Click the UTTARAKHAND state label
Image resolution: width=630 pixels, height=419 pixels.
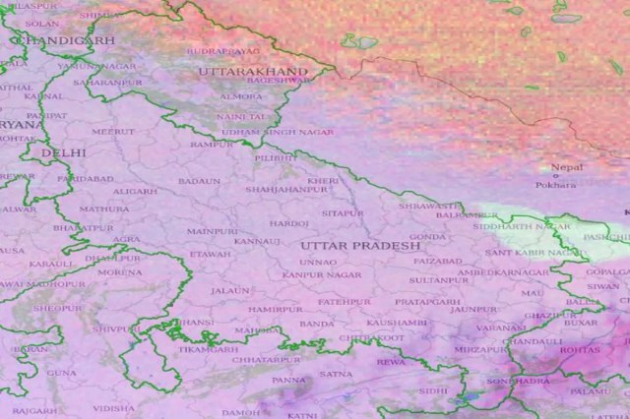point(253,73)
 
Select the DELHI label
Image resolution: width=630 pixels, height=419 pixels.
point(64,154)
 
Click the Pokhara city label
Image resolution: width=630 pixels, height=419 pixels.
point(556,185)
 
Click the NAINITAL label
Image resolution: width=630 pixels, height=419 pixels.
point(241,116)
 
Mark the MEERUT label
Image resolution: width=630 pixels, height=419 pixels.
point(113,131)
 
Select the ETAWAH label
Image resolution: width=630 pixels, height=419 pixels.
point(210,254)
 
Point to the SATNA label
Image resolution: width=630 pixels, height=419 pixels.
point(336,374)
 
